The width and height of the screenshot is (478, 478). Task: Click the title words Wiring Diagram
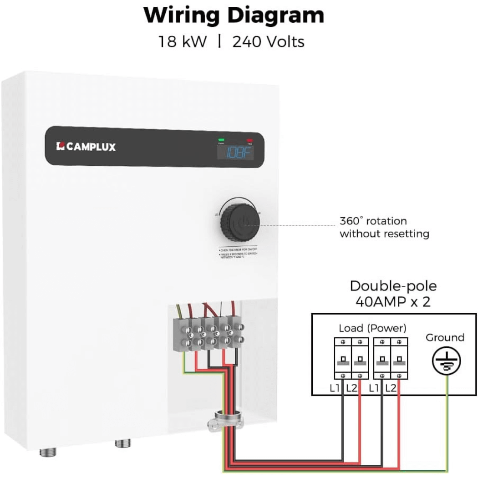[234, 15]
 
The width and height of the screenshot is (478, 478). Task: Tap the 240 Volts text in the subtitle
[268, 42]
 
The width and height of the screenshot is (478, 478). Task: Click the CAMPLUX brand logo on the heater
[86, 147]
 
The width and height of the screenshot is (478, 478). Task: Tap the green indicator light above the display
[222, 140]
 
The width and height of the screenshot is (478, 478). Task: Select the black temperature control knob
[239, 223]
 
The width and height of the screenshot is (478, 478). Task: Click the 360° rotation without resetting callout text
[384, 228]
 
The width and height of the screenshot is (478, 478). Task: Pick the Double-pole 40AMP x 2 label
[393, 294]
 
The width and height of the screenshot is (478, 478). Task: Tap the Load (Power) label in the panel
[372, 328]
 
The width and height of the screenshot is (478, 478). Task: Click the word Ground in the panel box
[445, 337]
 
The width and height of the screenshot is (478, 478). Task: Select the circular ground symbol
[444, 362]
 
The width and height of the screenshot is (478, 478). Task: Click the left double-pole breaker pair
[350, 359]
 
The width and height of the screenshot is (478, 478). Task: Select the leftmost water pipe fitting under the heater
[47, 452]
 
